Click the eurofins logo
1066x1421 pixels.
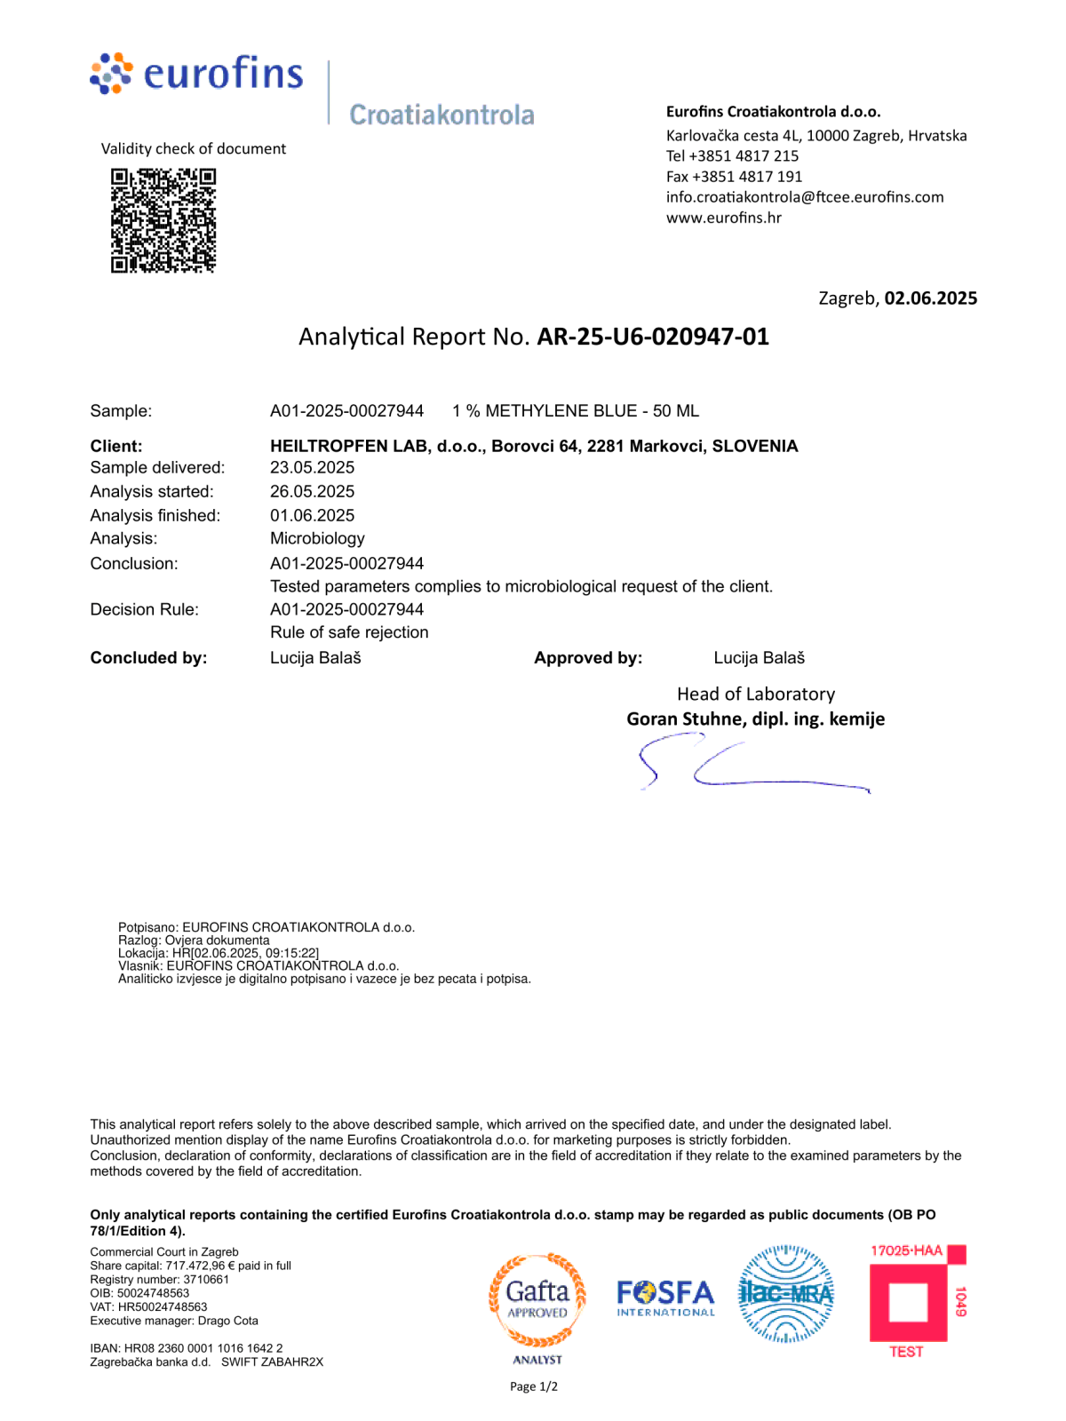coord(197,74)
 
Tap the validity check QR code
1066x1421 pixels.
coord(163,220)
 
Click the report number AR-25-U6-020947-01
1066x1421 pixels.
coord(653,337)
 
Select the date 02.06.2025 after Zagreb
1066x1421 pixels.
coord(930,298)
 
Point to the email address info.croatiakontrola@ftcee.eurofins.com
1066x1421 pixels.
coord(805,197)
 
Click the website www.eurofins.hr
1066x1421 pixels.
coord(724,218)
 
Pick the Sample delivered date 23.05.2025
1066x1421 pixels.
coord(312,468)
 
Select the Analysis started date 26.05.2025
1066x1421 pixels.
coord(312,492)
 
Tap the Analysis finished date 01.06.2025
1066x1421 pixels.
coord(312,516)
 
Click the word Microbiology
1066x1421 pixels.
coord(317,539)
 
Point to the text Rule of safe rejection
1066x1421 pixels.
coord(349,632)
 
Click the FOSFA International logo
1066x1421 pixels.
coord(665,1298)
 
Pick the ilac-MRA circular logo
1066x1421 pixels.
coord(786,1294)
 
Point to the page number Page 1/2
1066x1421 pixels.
coord(534,1387)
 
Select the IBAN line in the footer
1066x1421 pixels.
coord(187,1348)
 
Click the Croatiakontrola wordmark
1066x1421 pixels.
coord(442,115)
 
